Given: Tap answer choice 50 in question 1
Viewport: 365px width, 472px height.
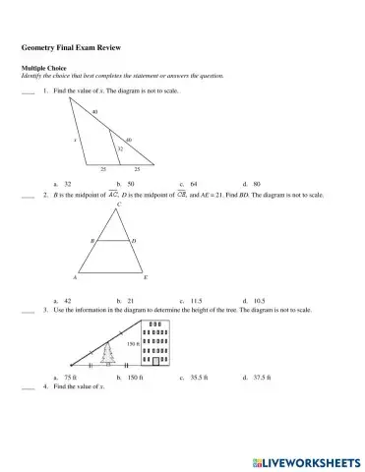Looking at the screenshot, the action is coord(131,184).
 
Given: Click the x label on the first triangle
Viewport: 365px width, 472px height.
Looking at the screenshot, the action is coord(75,140).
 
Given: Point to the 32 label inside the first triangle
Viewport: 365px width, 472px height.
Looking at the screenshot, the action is coord(120,147).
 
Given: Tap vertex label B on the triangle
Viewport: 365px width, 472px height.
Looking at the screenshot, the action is coord(92,240).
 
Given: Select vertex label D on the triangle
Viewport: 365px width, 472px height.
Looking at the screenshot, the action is coord(134,240).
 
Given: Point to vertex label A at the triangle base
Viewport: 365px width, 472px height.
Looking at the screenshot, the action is coord(77,277).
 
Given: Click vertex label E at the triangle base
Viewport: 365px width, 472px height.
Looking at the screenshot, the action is coord(146,277).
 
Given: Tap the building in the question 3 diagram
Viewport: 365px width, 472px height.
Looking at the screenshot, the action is coord(155,342).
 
